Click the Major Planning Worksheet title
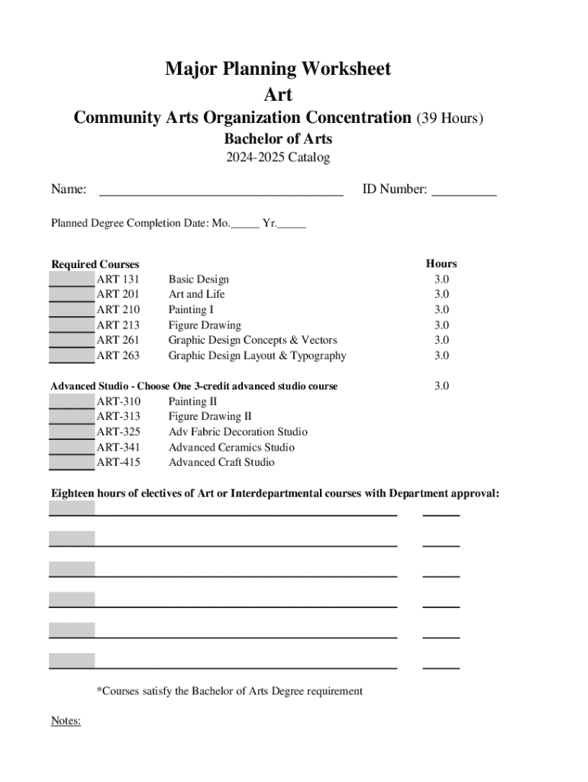coord(278,69)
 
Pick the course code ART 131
coord(118,280)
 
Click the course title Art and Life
coord(196,295)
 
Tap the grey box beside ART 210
coord(73,310)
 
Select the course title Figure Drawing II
coord(209,417)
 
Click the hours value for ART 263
coord(441,356)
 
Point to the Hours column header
coord(441,264)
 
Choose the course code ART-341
coord(118,448)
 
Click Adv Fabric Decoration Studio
coord(237,432)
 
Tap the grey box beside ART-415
coord(73,463)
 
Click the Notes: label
coord(66,720)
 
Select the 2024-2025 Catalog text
coord(278,158)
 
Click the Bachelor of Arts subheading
coord(278,139)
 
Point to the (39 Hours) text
coord(450,118)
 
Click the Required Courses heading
coord(95,264)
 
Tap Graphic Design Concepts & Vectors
coord(252,341)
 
